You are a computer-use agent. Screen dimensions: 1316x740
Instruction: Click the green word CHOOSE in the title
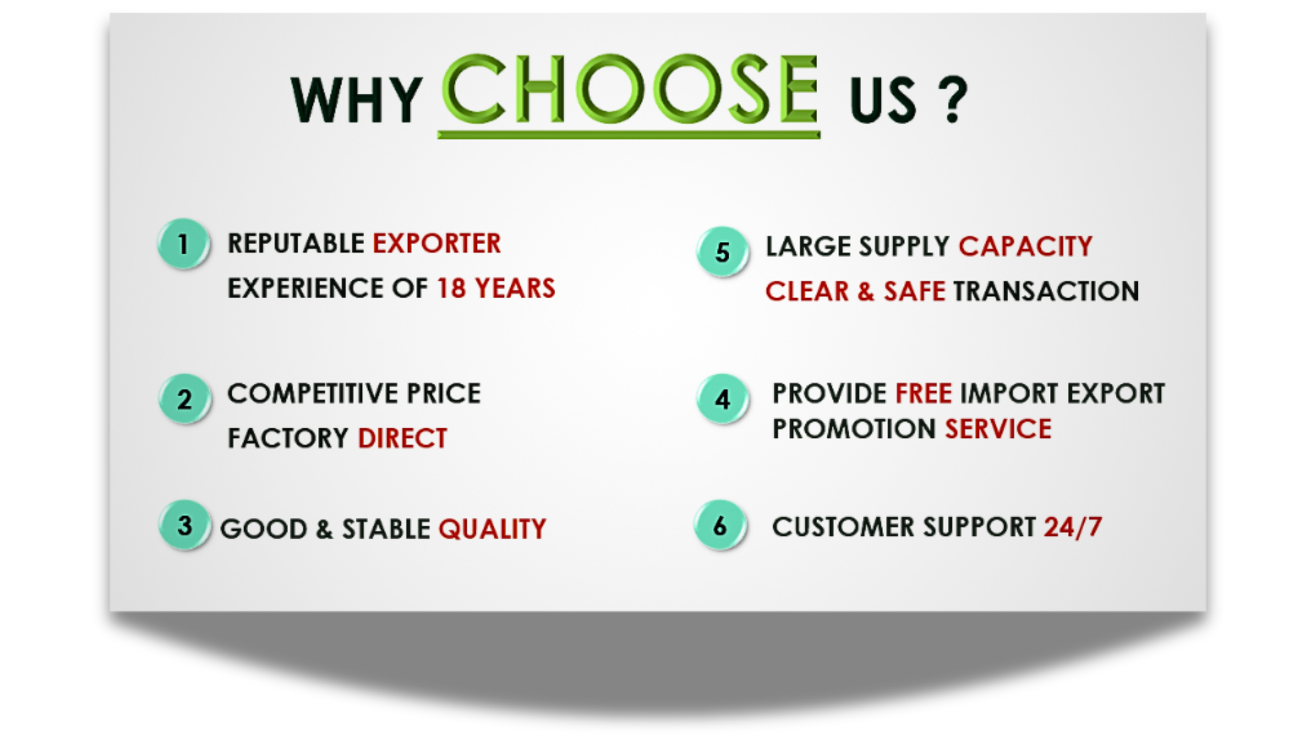pos(630,90)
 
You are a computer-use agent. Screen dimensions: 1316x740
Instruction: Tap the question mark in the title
pos(953,100)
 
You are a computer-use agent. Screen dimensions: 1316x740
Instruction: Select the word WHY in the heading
pos(356,100)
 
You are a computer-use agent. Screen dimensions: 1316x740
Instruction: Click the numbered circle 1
pos(183,244)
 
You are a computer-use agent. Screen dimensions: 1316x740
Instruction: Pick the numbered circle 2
pos(184,399)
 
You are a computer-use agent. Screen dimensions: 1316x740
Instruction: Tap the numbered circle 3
pos(184,526)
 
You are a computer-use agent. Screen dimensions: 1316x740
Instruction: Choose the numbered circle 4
pos(722,399)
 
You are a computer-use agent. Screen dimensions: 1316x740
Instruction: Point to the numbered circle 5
pos(722,251)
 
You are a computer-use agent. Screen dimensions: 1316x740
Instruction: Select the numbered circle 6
pos(720,526)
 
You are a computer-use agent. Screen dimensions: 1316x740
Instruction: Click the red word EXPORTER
pos(437,243)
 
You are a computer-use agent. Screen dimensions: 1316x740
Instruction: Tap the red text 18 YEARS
pos(496,288)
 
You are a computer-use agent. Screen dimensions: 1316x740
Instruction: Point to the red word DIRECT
pos(402,439)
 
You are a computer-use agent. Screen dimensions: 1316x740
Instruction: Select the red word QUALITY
pos(492,529)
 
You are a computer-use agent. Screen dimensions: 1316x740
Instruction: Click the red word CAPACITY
pos(1025,247)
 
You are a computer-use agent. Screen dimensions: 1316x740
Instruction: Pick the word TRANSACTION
pos(1046,291)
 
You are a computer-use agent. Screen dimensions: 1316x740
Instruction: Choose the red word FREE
pos(923,394)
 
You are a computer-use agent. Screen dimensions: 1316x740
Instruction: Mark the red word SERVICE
pos(998,430)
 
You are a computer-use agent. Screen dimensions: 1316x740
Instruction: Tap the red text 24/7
pos(1073,527)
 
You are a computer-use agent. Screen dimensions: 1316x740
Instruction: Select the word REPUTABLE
pos(296,243)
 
